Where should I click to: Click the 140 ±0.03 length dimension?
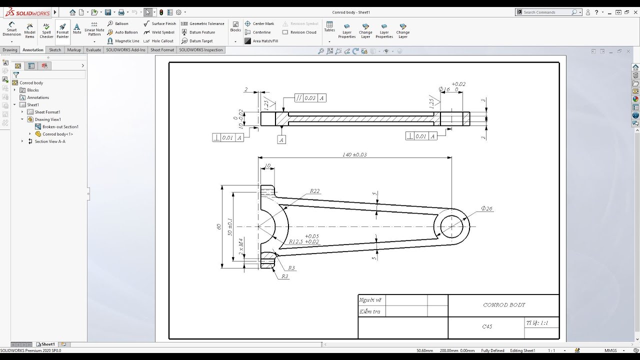coord(354,154)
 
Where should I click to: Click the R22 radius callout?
coord(314,191)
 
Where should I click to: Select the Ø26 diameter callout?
coord(486,208)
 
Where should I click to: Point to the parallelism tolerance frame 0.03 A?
coord(310,98)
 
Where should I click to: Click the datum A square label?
coord(281,140)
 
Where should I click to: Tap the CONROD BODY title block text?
coord(503,304)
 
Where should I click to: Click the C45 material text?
coord(487,326)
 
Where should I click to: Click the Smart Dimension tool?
coord(11,29)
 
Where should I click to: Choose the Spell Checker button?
coord(46,30)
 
